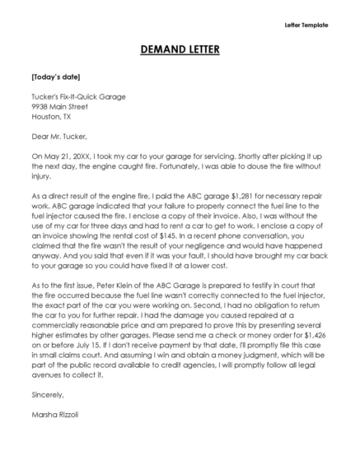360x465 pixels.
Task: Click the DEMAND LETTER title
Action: pos(180,49)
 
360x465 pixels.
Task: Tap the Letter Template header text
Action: pos(306,26)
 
